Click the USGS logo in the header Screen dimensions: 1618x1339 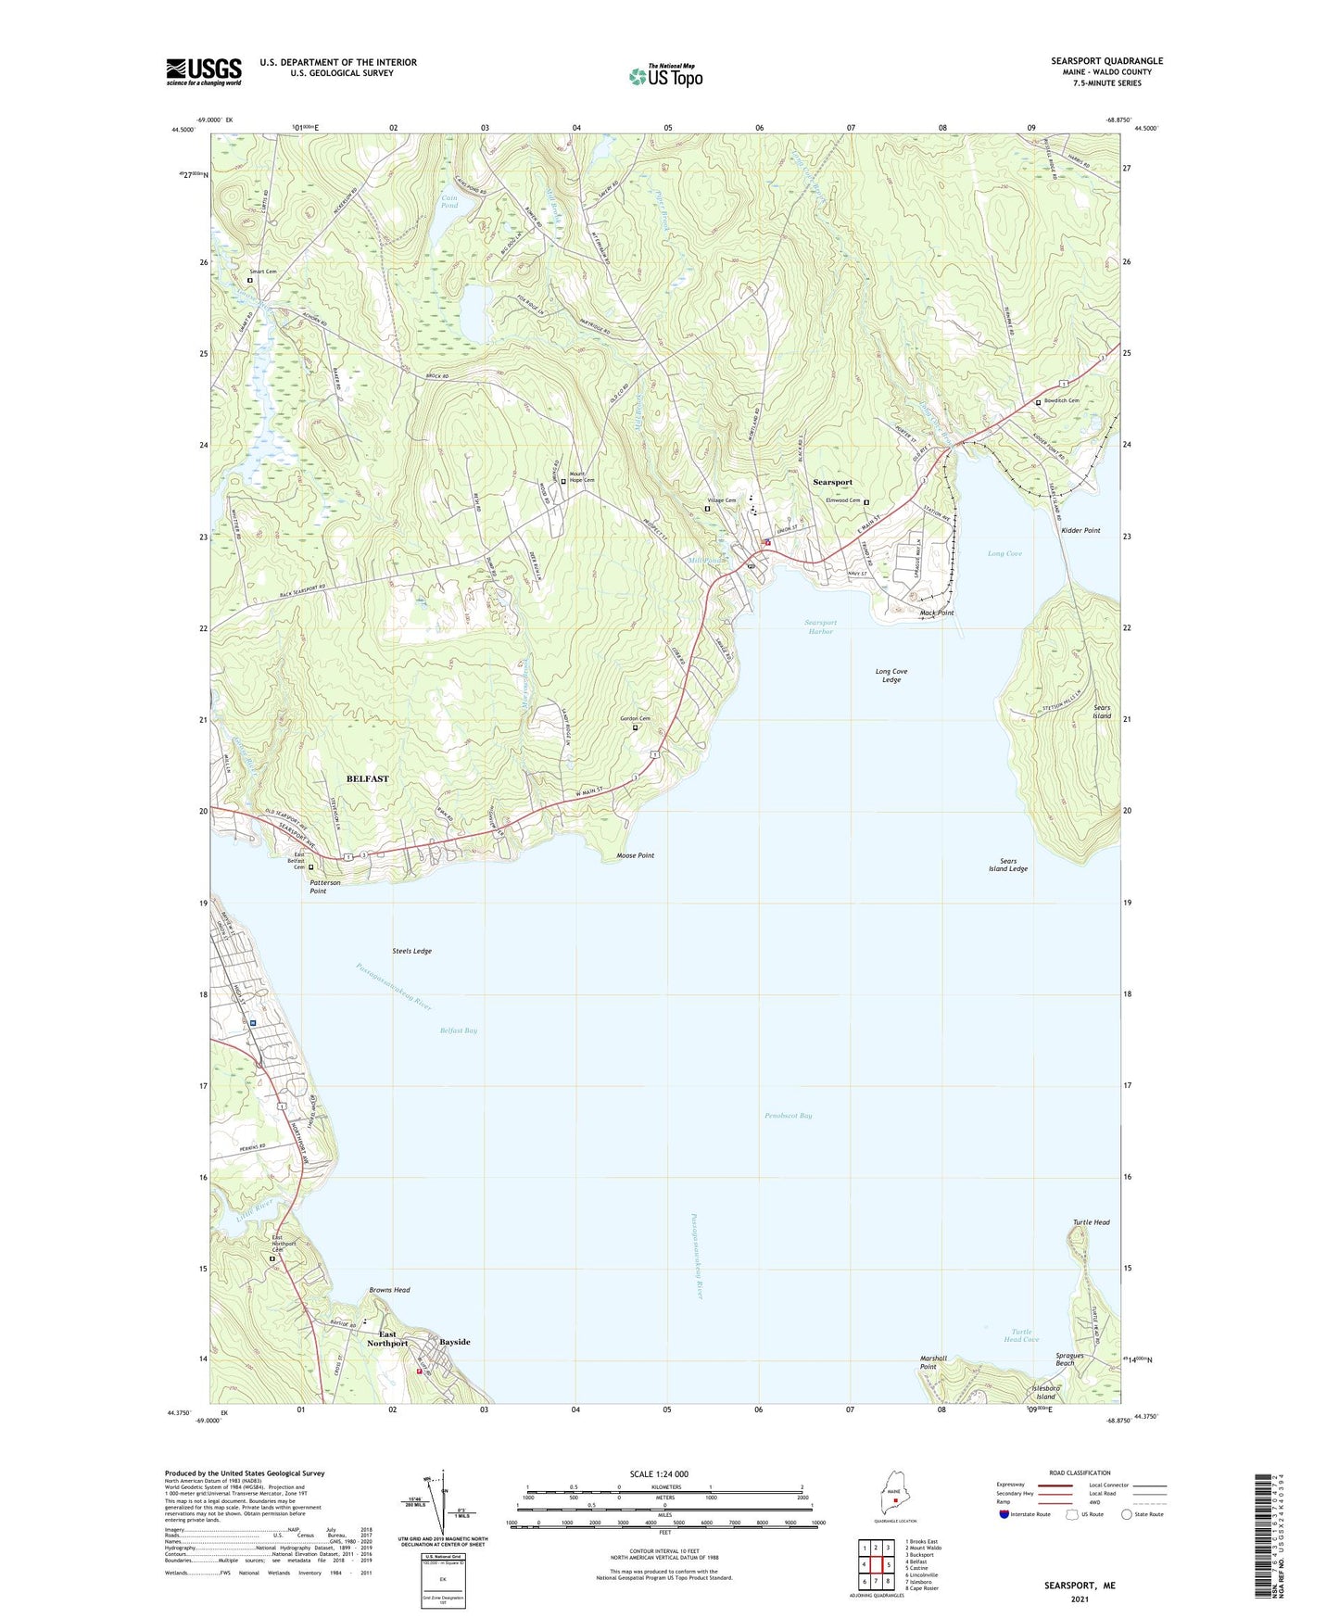coord(204,71)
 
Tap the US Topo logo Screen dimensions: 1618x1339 coord(665,75)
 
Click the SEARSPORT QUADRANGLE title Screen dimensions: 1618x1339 coord(1106,61)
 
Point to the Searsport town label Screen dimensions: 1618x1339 coord(832,482)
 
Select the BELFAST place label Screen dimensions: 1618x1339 coord(367,778)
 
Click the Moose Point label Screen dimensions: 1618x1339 coord(635,855)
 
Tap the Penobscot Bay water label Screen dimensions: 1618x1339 coord(788,1116)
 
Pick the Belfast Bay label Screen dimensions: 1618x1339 coord(458,1030)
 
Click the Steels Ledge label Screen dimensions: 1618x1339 coord(411,951)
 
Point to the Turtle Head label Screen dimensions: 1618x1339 coord(1091,1222)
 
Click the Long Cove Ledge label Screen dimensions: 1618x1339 coord(891,676)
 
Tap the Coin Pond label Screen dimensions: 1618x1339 coord(449,201)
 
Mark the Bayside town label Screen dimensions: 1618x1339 coord(454,1342)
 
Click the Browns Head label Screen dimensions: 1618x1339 coord(389,1290)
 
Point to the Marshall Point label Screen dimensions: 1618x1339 coord(933,1362)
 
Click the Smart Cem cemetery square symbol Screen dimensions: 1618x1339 coord(250,281)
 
